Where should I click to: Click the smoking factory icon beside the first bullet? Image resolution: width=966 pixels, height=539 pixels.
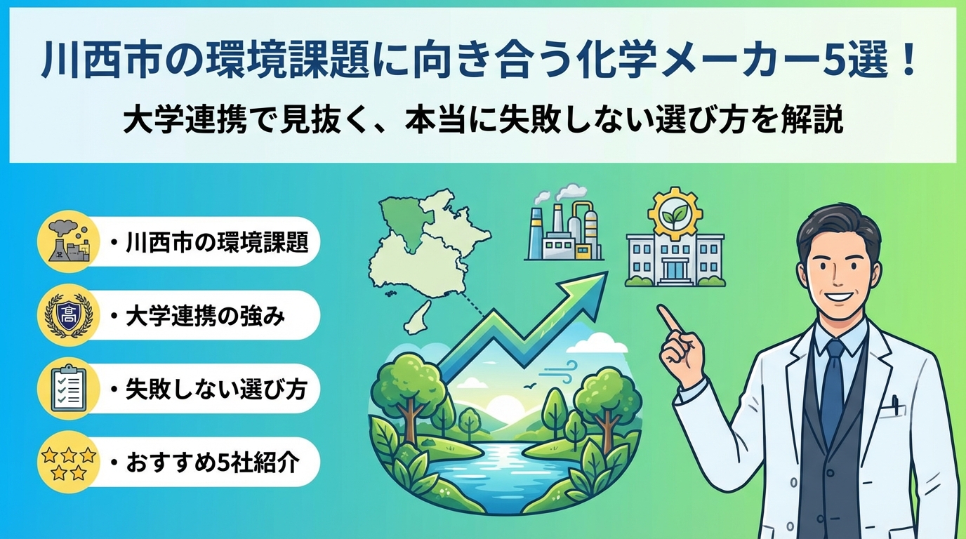69,241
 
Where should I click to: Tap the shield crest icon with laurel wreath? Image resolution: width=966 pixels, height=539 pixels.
69,315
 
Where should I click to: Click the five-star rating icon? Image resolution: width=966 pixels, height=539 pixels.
69,463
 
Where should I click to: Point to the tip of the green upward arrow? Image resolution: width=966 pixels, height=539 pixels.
607,272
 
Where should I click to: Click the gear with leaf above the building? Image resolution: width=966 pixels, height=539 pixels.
675,214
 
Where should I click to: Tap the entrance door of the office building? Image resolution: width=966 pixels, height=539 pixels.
675,269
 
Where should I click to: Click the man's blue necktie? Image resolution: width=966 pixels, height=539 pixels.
833,392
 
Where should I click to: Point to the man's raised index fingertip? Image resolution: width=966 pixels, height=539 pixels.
661,308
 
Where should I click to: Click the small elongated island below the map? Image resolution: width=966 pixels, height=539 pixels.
418,318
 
